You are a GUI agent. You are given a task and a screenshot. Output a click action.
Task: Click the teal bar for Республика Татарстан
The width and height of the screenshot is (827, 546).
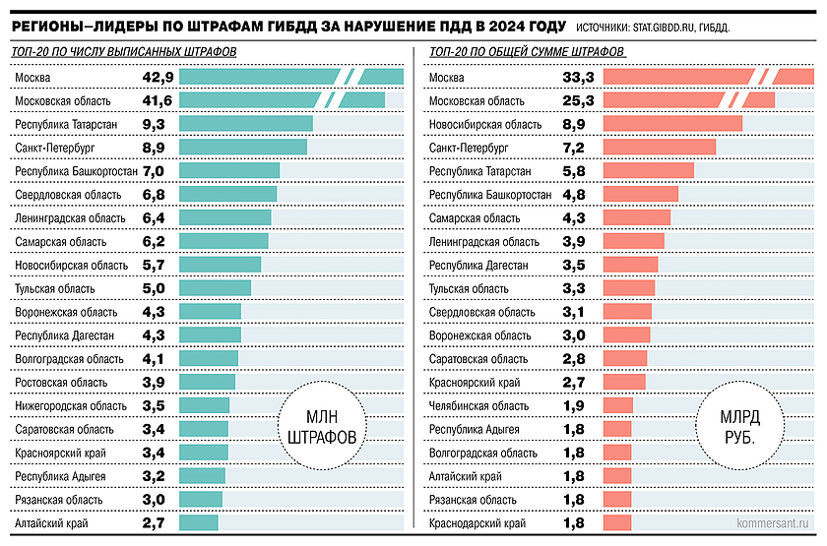(x=246, y=123)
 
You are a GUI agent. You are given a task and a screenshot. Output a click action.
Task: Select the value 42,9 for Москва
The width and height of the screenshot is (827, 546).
(x=158, y=77)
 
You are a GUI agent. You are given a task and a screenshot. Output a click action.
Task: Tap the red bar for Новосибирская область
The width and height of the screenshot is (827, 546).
(x=671, y=123)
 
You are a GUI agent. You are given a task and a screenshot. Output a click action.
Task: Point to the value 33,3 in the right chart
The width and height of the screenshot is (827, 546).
(x=574, y=77)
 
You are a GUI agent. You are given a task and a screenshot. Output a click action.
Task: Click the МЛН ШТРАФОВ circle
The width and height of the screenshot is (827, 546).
(x=320, y=427)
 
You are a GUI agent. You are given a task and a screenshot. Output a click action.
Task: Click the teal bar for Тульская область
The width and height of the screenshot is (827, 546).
(x=216, y=288)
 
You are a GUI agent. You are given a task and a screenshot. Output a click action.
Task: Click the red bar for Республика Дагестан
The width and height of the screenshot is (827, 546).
(x=629, y=265)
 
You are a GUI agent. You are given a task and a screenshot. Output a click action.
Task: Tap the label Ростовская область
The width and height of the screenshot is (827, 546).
(x=62, y=382)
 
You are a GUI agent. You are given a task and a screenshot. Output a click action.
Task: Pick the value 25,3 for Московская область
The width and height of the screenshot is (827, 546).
(x=574, y=100)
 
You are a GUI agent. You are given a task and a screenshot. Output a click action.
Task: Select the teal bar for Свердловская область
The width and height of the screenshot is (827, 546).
(x=228, y=195)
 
